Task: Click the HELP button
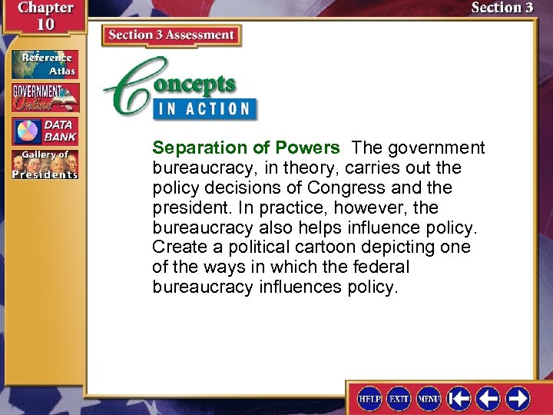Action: tap(370, 398)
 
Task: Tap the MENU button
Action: tap(429, 398)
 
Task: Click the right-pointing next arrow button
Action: tap(518, 398)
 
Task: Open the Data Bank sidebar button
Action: tap(45, 131)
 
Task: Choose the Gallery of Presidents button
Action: tap(45, 164)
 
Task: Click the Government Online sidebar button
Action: tap(45, 98)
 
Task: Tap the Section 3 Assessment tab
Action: tap(171, 35)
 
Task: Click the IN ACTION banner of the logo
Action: tap(203, 108)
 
